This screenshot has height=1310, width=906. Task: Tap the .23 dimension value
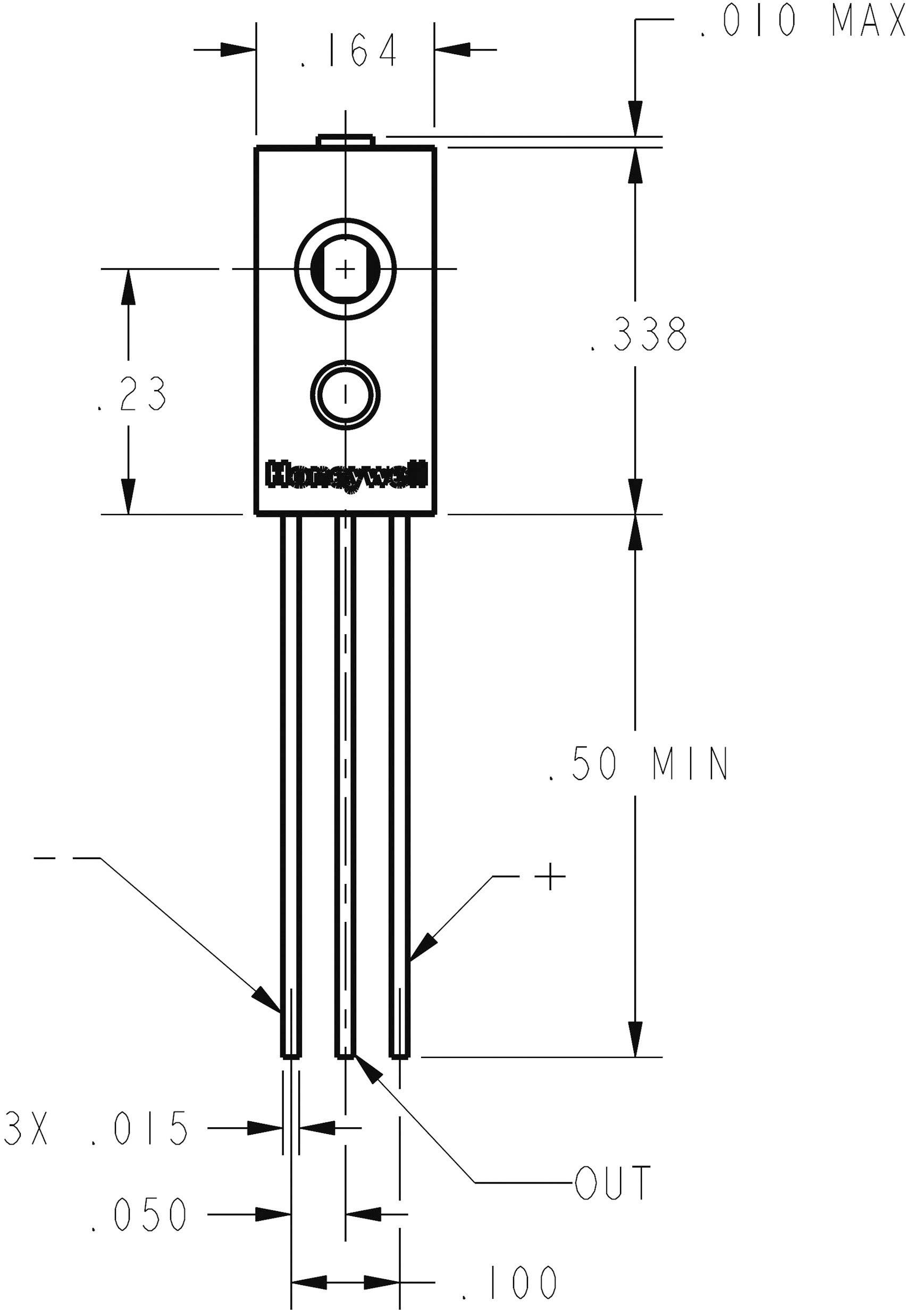(x=132, y=393)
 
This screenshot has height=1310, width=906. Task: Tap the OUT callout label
(x=611, y=1183)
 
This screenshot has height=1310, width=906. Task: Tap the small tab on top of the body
(x=345, y=140)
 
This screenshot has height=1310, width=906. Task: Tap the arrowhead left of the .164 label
(x=237, y=49)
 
